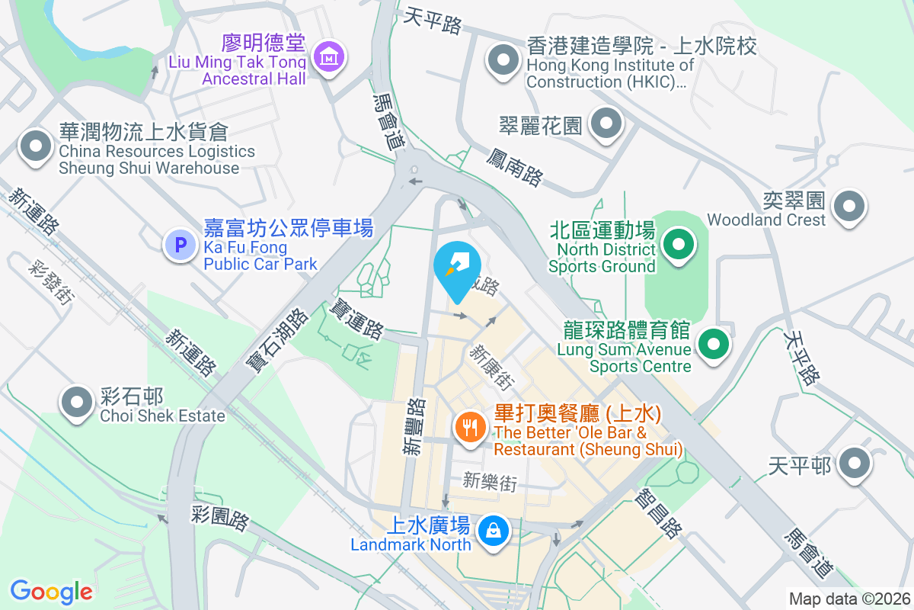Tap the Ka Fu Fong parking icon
pos(181,246)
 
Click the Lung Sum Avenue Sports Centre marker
pos(713,344)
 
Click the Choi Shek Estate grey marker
pos(77,402)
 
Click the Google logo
pos(52,592)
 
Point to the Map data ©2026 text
pos(849,599)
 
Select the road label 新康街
pos(491,368)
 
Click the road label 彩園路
pos(220,518)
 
